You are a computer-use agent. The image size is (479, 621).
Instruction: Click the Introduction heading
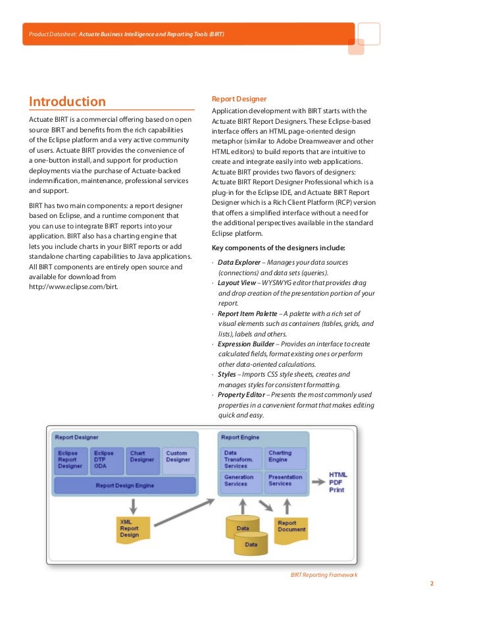coord(67,102)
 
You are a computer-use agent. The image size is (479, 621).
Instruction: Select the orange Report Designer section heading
coord(239,99)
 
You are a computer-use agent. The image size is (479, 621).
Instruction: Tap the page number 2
coord(432,583)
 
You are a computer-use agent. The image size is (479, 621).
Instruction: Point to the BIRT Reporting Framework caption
coord(324,575)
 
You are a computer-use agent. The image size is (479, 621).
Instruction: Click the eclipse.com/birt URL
coord(74,287)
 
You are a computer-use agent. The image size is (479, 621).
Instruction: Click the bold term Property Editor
coord(240,394)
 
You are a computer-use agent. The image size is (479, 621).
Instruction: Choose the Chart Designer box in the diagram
coord(141,460)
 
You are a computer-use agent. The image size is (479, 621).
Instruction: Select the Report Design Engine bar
coord(125,485)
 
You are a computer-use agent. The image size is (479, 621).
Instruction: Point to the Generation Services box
coord(240,480)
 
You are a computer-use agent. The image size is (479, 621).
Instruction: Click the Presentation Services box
coord(286,480)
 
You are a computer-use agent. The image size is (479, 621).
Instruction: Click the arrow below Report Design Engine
coord(134,505)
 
